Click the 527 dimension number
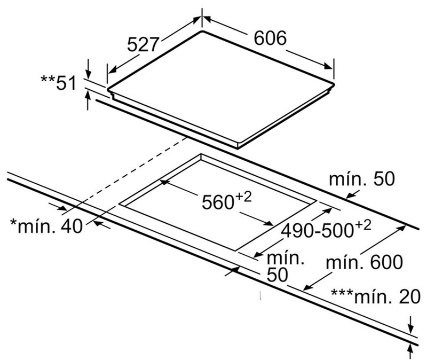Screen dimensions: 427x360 click(x=143, y=45)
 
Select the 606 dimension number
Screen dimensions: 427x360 click(x=270, y=38)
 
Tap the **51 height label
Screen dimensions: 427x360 click(x=59, y=83)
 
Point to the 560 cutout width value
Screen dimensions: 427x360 click(x=218, y=202)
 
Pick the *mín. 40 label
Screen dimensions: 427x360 click(x=46, y=225)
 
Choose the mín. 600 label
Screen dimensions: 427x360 click(x=364, y=262)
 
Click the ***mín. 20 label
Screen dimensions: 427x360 click(x=376, y=296)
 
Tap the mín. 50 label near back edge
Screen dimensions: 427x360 click(x=362, y=179)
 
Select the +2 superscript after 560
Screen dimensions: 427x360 click(x=243, y=197)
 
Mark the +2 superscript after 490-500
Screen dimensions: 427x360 click(x=362, y=225)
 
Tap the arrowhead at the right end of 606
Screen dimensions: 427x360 click(x=329, y=66)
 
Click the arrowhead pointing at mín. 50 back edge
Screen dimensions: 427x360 click(x=350, y=195)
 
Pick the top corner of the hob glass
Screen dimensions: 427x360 click(x=202, y=31)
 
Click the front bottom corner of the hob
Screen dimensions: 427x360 click(x=238, y=147)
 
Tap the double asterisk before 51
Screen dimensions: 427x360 click(x=48, y=79)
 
